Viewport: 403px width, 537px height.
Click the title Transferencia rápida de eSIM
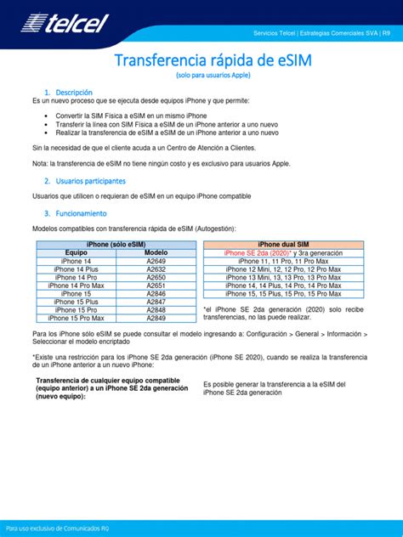point(201,61)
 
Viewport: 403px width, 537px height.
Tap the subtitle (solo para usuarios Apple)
point(201,76)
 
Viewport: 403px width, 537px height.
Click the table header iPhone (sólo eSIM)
point(116,245)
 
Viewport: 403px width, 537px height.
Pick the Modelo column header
point(156,253)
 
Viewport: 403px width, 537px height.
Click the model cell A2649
point(156,262)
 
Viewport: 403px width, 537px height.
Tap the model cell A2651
point(156,285)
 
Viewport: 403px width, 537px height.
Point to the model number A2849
point(156,318)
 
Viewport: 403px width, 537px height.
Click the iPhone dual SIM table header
point(283,245)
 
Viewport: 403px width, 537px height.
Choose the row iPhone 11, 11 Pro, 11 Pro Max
point(283,262)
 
